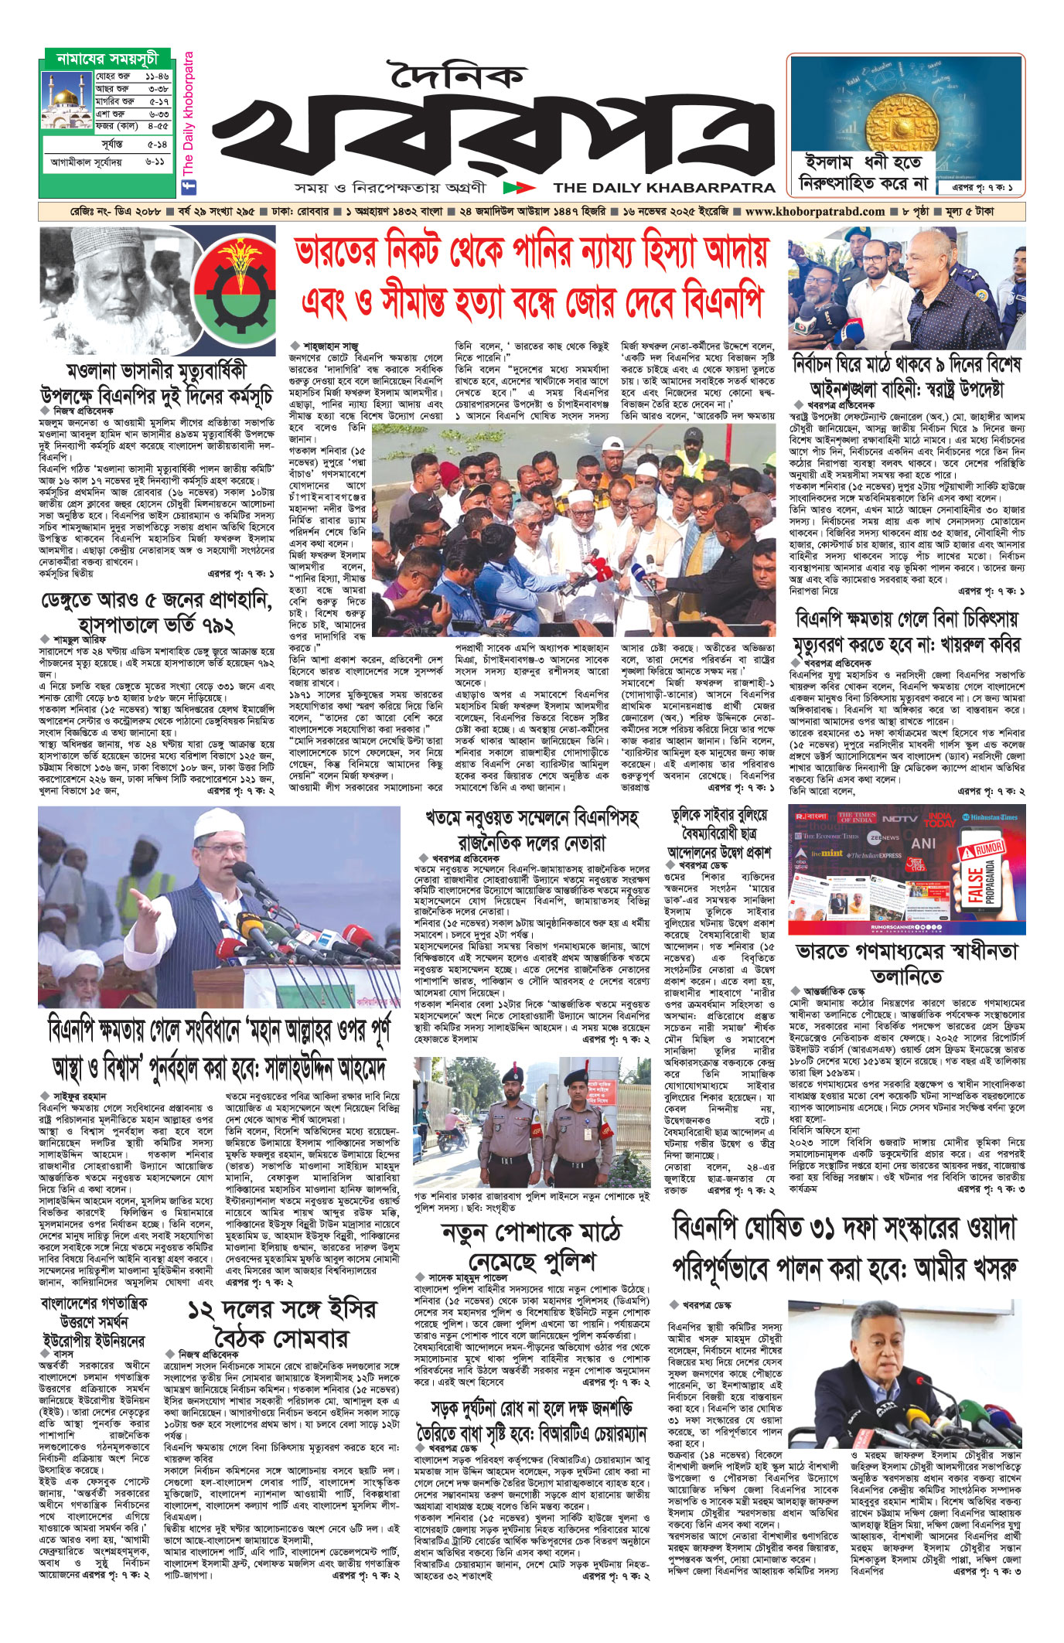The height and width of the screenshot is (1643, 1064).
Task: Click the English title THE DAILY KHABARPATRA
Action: (x=663, y=187)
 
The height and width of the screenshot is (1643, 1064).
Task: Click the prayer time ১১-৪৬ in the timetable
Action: (x=156, y=77)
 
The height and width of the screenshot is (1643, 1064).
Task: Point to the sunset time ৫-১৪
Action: (x=156, y=145)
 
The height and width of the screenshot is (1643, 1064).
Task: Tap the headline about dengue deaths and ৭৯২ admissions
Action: (x=157, y=611)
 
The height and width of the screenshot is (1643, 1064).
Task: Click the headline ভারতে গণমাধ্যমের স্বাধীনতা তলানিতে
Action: (x=907, y=963)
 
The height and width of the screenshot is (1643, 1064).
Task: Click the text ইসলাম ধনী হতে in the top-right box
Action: (x=863, y=163)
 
